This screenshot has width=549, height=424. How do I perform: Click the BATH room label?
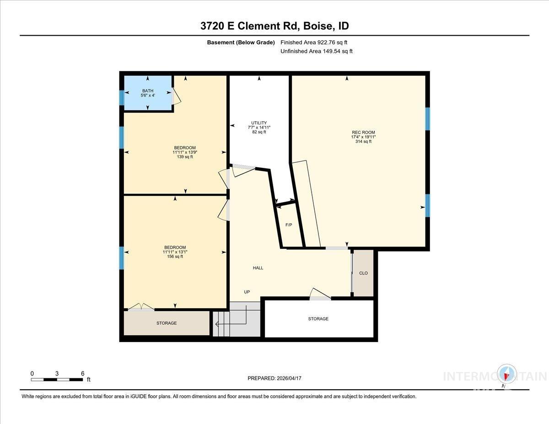point(147,91)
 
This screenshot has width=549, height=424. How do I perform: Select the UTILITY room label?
point(259,123)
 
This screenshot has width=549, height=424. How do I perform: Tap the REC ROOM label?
point(363,132)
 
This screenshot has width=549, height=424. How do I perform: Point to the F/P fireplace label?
point(289,225)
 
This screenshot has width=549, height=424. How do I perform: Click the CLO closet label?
point(363,273)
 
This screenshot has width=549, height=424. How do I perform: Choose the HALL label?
point(258,268)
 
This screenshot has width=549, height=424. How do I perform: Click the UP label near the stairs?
point(247,292)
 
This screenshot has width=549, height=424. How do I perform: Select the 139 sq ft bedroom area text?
point(185,157)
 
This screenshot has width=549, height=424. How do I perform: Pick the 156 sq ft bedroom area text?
point(175,257)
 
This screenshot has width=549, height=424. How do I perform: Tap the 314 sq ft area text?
point(363,142)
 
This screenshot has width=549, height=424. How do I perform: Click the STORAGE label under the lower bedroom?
point(167,323)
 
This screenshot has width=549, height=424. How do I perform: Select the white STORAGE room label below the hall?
point(318,319)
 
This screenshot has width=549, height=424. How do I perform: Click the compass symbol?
point(506,375)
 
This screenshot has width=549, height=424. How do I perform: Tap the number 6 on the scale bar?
point(82,373)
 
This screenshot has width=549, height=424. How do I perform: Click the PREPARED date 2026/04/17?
point(274,378)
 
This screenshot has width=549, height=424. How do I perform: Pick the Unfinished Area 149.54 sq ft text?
point(316,52)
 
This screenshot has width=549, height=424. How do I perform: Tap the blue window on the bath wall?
point(122,97)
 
